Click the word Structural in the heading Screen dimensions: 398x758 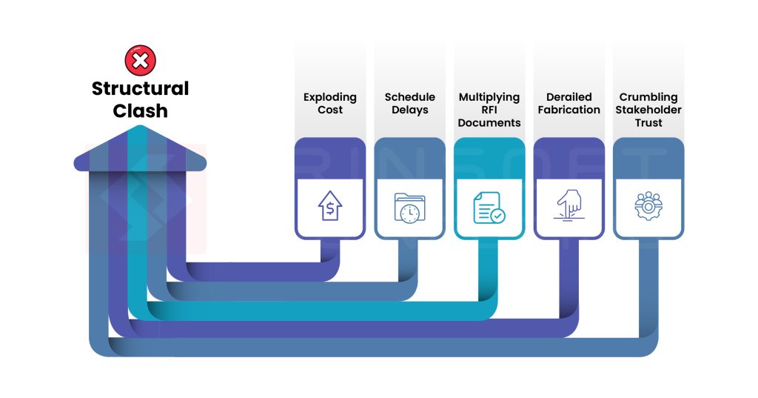pyautogui.click(x=140, y=89)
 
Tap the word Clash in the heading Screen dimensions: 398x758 pyautogui.click(x=140, y=111)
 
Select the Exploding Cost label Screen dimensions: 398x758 pyautogui.click(x=330, y=103)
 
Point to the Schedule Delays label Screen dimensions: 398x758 pyautogui.click(x=409, y=103)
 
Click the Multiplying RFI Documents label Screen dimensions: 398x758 pyautogui.click(x=489, y=110)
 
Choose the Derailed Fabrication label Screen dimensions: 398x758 pyautogui.click(x=568, y=103)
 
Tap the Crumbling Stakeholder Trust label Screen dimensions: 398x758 pyautogui.click(x=648, y=110)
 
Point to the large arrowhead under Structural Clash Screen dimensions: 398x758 pyautogui.click(x=140, y=152)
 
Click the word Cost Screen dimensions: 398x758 pyautogui.click(x=330, y=110)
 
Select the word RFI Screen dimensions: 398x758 pyautogui.click(x=489, y=110)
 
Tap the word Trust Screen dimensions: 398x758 pyautogui.click(x=648, y=123)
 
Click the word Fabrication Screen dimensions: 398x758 pyautogui.click(x=568, y=110)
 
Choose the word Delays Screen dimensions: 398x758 pyautogui.click(x=409, y=110)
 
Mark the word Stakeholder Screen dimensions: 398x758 pyautogui.click(x=648, y=110)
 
